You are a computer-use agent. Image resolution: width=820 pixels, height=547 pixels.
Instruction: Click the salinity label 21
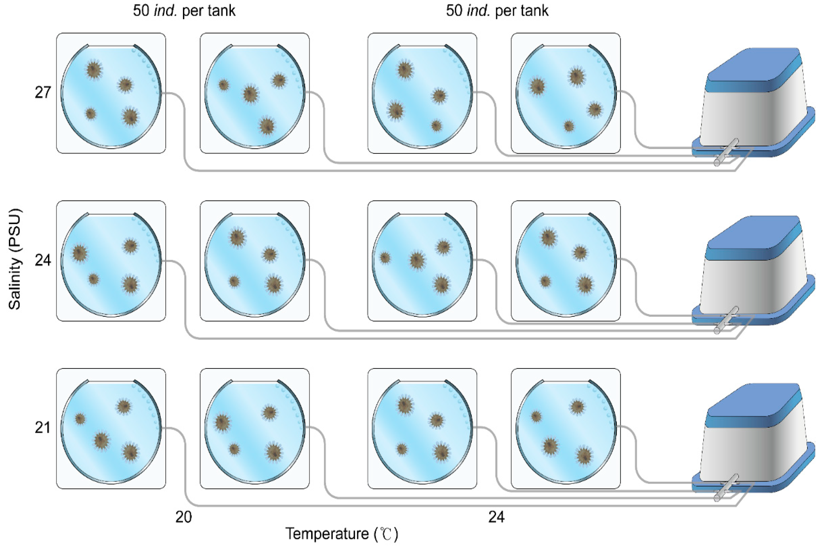[x=43, y=428]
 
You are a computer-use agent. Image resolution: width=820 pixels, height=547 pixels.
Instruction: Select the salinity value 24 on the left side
[x=43, y=260]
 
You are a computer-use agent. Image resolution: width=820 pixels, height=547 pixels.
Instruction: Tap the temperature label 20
[x=184, y=517]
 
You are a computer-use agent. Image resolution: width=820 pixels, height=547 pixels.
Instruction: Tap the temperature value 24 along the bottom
[x=496, y=517]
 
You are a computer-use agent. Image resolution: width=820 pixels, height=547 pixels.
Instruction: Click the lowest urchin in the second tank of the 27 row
[x=267, y=126]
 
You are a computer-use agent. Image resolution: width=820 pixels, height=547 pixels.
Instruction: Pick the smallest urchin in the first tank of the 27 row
[x=91, y=114]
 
